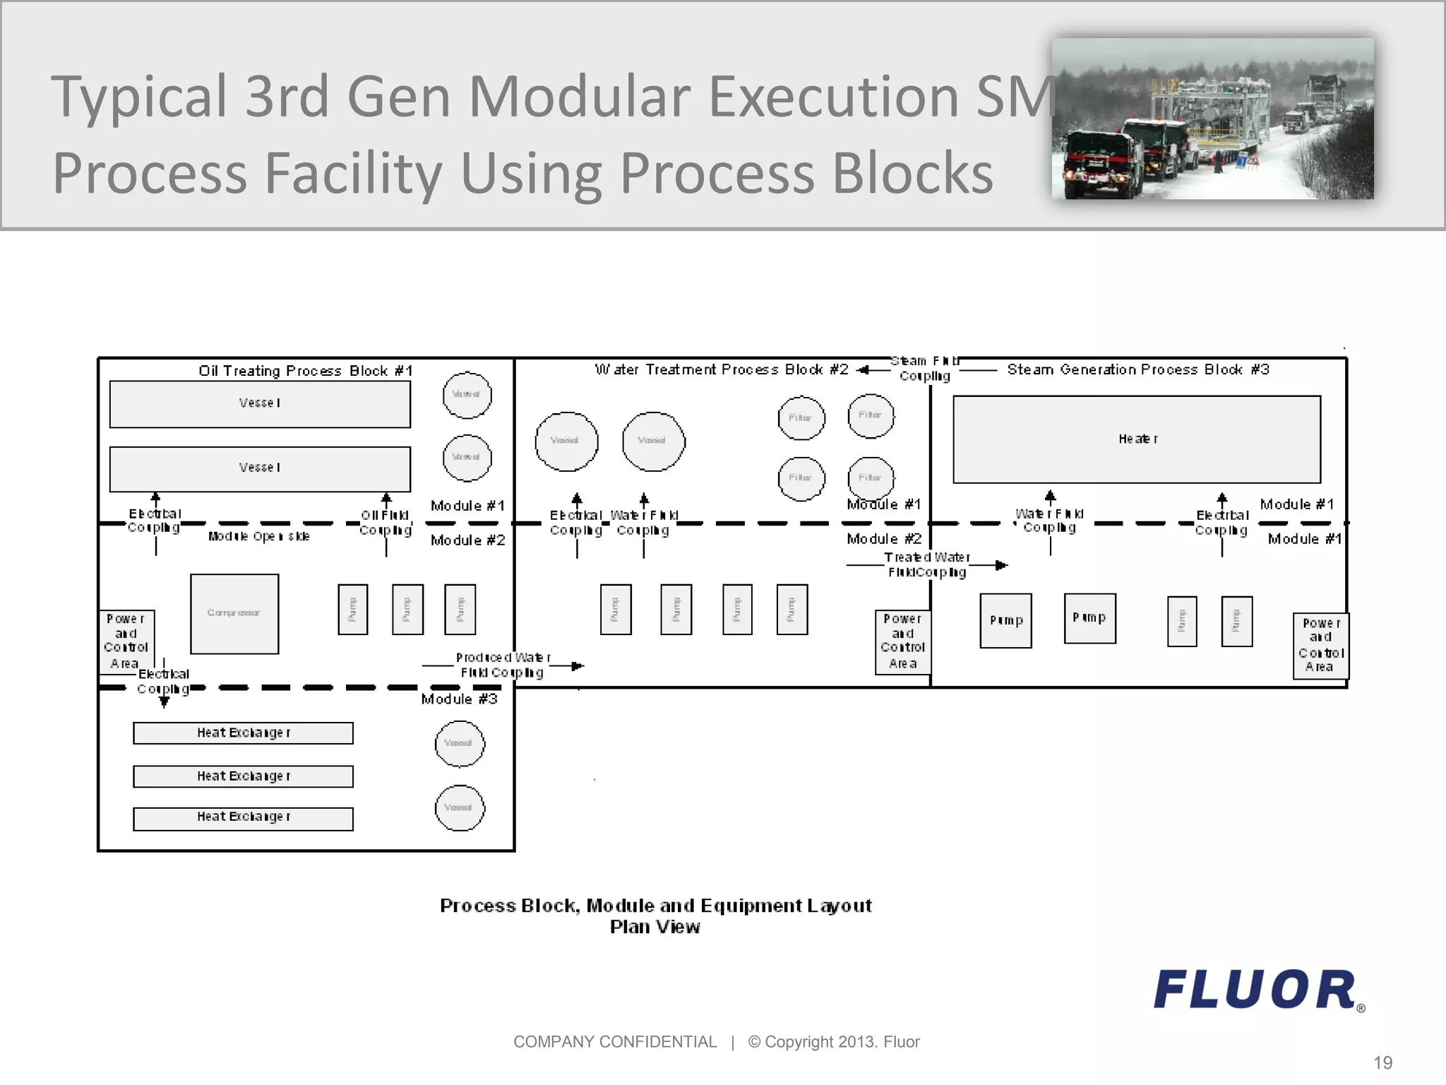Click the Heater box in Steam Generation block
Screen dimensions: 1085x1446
tap(1137, 439)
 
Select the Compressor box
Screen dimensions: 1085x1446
tap(234, 613)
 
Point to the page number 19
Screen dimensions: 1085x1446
tap(1382, 1062)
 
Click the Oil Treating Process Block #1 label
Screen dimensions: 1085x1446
tap(305, 371)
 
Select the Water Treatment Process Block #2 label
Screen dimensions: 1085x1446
tap(721, 369)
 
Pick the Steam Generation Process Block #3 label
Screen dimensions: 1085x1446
tap(1138, 369)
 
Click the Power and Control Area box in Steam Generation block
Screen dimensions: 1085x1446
tap(1320, 646)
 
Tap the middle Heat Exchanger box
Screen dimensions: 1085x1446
tap(243, 776)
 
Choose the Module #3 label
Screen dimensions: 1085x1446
tap(459, 699)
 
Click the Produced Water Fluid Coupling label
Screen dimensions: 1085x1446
tap(502, 665)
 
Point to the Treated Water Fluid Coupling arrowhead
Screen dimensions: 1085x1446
tap(1002, 565)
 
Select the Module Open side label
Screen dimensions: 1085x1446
tap(258, 537)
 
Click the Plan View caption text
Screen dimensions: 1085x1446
tap(655, 927)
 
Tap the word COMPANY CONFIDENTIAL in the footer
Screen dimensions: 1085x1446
tap(614, 1042)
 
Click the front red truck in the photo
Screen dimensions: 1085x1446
tap(1101, 165)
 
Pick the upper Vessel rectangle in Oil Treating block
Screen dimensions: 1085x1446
tap(260, 404)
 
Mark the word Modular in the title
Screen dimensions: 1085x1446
tap(580, 97)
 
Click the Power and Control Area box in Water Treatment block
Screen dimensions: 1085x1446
tap(902, 641)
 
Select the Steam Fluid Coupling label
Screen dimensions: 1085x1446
tap(924, 369)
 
